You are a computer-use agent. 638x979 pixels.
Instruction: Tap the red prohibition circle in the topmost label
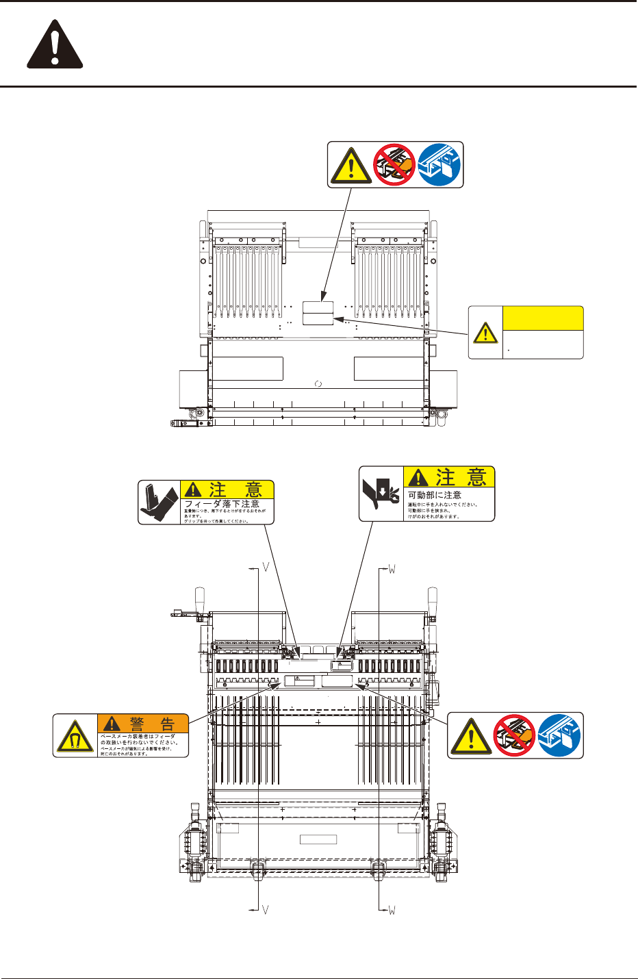point(394,164)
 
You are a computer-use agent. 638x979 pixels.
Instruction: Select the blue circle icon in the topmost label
point(439,164)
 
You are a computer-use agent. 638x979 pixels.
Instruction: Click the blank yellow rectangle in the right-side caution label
point(543,318)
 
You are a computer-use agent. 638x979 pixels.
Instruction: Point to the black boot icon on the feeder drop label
point(159,503)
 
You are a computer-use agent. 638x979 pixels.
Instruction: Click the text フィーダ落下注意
point(222,504)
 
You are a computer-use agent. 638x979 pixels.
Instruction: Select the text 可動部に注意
point(435,495)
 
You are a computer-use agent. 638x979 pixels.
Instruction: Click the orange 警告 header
point(142,724)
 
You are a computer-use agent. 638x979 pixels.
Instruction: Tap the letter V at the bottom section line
point(265,910)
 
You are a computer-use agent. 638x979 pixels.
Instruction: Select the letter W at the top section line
point(392,569)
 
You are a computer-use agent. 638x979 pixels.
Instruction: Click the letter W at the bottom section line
point(392,910)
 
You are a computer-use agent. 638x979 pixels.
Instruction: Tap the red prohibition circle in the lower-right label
point(515,735)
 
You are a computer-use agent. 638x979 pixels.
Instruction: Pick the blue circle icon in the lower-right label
point(559,735)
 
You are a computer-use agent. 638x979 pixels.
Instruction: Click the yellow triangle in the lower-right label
point(471,737)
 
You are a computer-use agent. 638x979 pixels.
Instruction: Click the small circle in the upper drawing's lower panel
point(318,384)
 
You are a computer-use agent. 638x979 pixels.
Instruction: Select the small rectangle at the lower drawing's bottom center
point(318,839)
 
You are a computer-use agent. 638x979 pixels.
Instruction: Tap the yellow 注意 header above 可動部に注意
point(448,477)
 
